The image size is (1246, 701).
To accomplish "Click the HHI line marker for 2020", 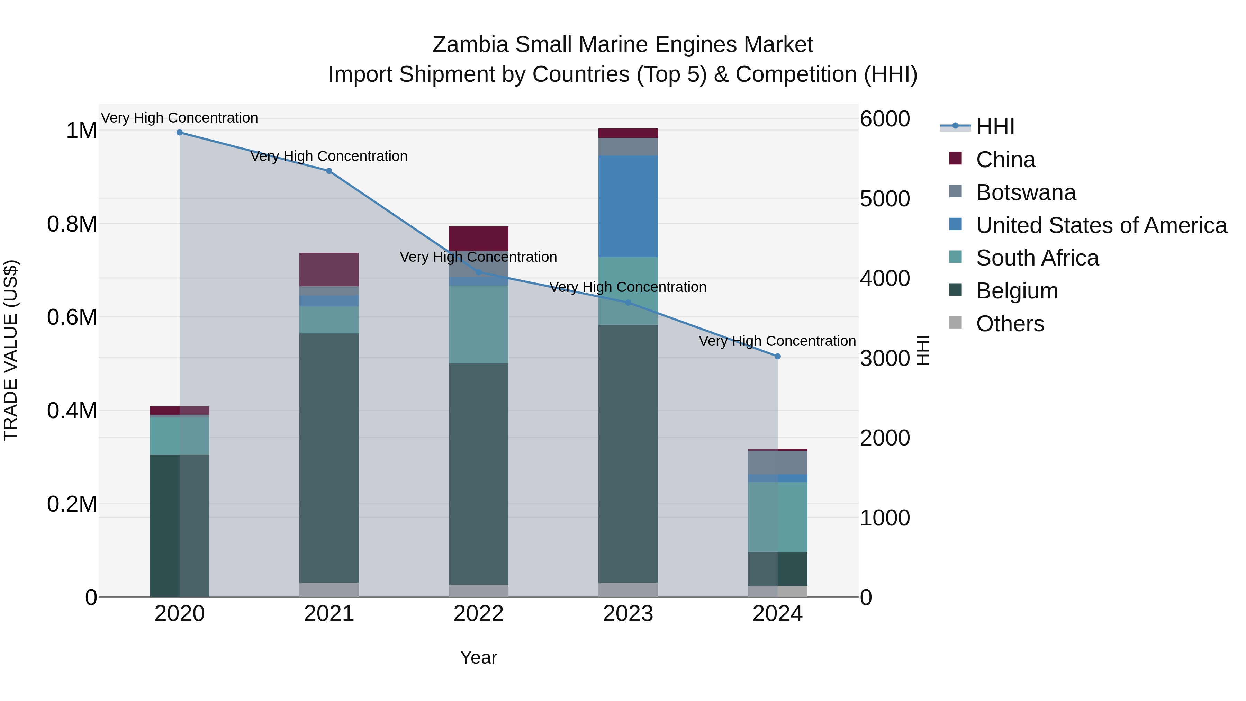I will pos(179,133).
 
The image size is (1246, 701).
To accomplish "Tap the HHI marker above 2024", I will pos(777,357).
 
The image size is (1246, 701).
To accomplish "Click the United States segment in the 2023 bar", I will pos(628,206).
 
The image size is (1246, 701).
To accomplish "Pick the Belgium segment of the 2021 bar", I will pos(329,457).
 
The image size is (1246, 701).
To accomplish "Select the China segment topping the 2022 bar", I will pos(478,238).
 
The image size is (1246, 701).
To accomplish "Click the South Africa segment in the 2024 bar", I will pos(777,517).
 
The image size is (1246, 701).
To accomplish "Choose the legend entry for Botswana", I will pos(1026,192).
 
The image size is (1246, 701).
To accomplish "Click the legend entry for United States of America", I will pos(1101,225).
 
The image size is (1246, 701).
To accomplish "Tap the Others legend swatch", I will pos(955,323).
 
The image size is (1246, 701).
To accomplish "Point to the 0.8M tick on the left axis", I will pos(72,224).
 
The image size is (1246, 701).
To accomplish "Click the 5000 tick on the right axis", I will pos(885,199).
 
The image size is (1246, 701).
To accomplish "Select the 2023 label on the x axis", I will pos(628,614).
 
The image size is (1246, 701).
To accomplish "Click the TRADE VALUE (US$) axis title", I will pos(11,350).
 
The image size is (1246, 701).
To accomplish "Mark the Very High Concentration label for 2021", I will pos(329,156).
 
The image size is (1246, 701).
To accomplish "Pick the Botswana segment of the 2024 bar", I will pos(777,462).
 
